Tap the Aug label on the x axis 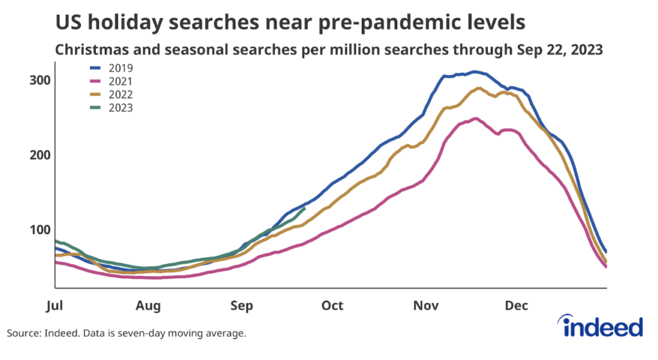[x=148, y=305]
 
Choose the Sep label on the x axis [x=241, y=305]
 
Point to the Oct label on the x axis [x=332, y=305]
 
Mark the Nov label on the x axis [x=425, y=305]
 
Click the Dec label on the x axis [x=516, y=305]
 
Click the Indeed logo [x=603, y=327]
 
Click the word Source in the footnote [x=23, y=333]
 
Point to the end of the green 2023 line [x=305, y=208]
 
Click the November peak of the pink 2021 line [x=474, y=118]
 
